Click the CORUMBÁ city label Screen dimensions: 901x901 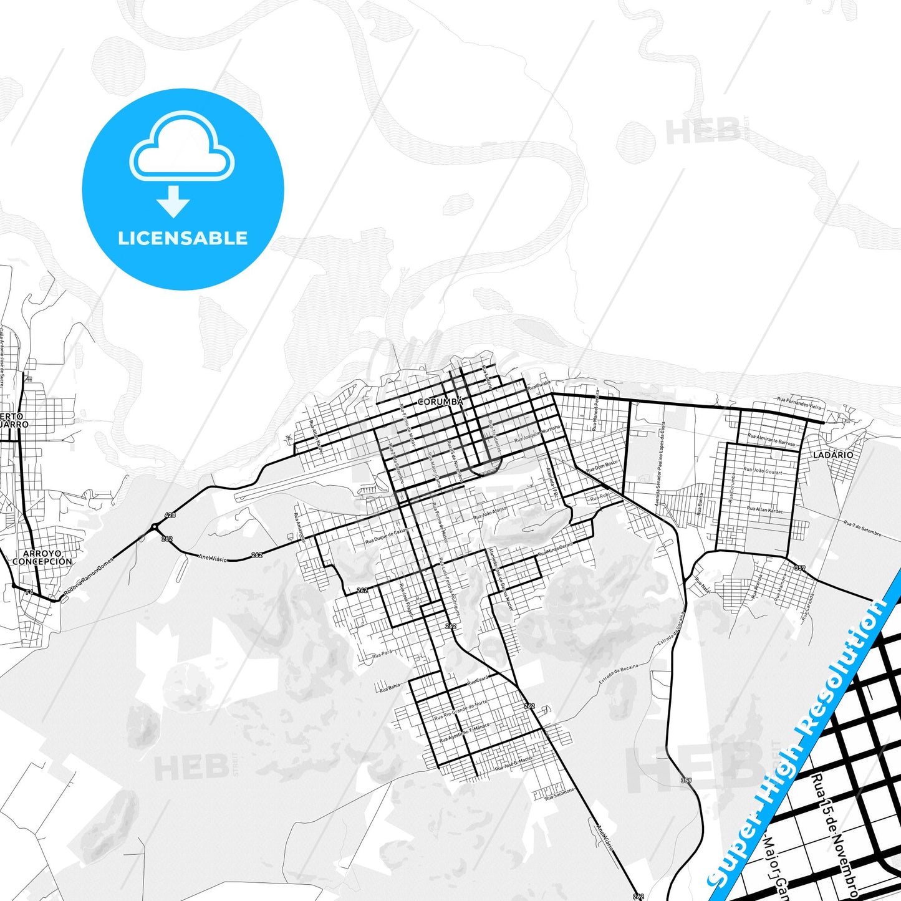click(x=440, y=402)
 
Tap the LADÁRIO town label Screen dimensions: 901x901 click(x=833, y=455)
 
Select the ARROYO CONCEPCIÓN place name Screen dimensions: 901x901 click(x=42, y=557)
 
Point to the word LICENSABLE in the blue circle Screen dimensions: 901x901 click(x=183, y=238)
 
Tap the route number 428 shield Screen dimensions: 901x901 click(x=170, y=515)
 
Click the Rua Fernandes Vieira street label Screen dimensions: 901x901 click(x=800, y=404)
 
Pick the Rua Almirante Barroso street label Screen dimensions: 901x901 click(x=772, y=440)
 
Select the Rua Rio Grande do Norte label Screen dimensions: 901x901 click(x=461, y=710)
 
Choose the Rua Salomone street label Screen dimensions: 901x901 click(x=559, y=794)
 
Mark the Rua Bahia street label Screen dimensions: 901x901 click(x=390, y=687)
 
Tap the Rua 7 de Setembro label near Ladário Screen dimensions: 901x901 click(x=862, y=529)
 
